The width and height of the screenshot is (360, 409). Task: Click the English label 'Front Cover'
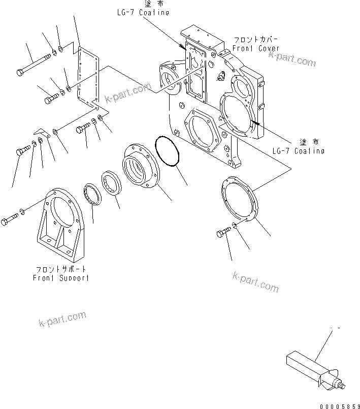coord(256,48)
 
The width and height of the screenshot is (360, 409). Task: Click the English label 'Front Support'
coord(61,278)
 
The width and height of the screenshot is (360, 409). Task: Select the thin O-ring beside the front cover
coord(168,151)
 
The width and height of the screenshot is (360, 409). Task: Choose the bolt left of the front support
coord(10,219)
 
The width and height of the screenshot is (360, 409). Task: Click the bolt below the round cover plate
coord(223,233)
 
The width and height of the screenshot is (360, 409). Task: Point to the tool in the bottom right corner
coord(310,365)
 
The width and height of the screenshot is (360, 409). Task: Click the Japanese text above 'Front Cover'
coord(255,39)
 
